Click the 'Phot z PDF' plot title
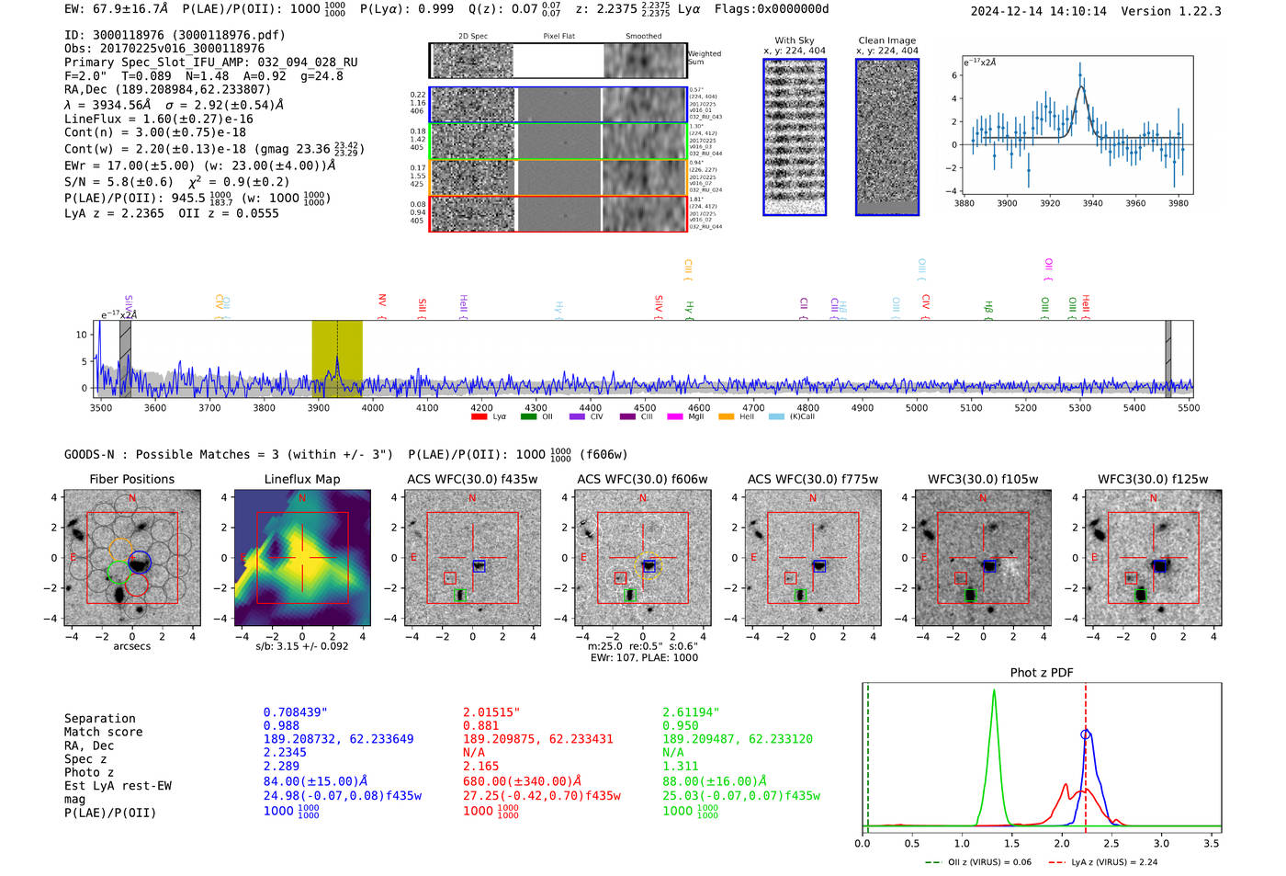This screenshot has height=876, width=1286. click(1042, 673)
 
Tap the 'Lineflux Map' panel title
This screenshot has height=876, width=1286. click(302, 479)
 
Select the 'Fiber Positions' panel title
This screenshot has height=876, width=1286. click(132, 479)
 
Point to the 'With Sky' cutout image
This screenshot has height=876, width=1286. click(795, 137)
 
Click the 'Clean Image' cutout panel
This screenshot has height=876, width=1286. click(887, 137)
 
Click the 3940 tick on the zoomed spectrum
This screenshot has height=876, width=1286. click(1092, 203)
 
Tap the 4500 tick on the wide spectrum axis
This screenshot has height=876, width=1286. click(645, 408)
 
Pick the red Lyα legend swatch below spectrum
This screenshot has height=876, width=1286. click(479, 417)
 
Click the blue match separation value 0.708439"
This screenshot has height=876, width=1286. click(296, 712)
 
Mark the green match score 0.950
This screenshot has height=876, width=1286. click(681, 725)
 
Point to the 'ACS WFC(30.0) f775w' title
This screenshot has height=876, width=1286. click(813, 479)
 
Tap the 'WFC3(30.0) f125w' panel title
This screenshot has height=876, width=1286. click(1153, 479)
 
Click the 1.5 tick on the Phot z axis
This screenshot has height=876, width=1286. click(1011, 843)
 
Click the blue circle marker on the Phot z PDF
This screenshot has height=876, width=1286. click(1086, 734)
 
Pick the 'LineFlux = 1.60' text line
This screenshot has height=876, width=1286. click(159, 119)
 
